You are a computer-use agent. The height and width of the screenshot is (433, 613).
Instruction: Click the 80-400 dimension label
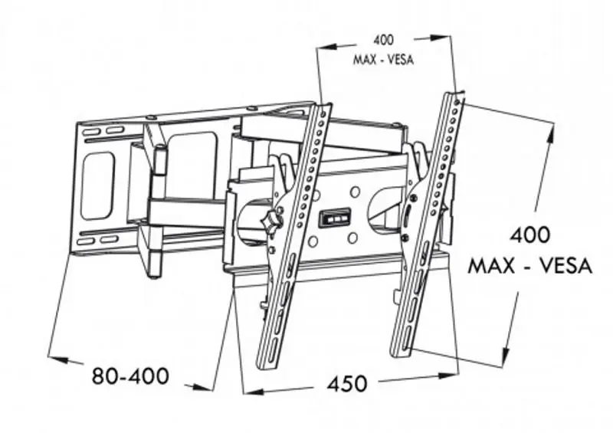[129, 376]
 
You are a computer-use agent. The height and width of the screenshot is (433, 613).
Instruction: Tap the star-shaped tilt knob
[270, 222]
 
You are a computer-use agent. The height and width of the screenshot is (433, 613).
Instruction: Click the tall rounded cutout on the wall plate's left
[97, 185]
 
